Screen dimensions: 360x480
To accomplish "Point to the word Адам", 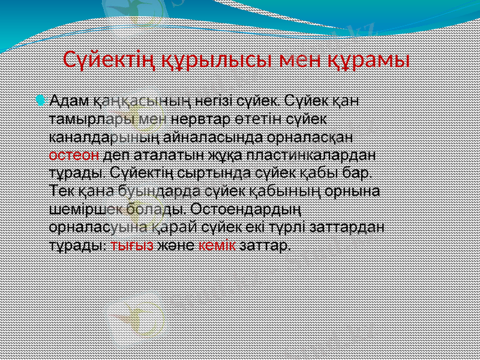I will click(68, 100).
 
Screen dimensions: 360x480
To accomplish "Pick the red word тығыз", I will click(132, 246).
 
